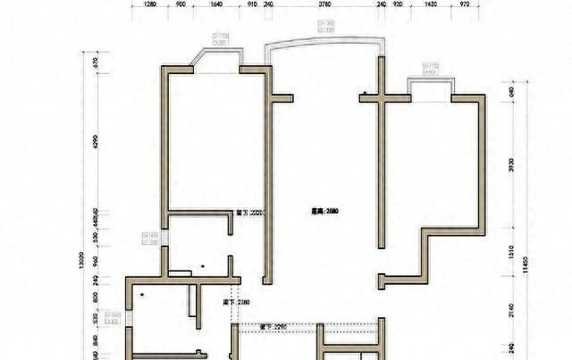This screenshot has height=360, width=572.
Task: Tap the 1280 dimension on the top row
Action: click(150, 4)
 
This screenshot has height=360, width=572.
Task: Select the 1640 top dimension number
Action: click(216, 4)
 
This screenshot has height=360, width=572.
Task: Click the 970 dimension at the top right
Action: click(465, 4)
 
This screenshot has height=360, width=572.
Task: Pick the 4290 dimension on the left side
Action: click(97, 142)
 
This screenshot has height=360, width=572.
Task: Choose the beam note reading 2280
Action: click(234, 304)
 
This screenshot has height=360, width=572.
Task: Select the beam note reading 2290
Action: click(273, 327)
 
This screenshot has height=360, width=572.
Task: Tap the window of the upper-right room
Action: click(431, 80)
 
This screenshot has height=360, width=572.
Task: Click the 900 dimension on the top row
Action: click(181, 4)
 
